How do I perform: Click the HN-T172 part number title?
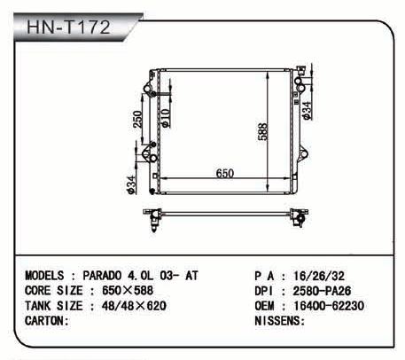pos(68,27)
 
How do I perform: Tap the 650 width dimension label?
pos(225,173)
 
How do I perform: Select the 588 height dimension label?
pos(262,131)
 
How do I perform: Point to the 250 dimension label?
pos(137,119)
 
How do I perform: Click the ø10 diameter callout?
pos(166,118)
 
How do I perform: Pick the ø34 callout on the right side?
pos(307,111)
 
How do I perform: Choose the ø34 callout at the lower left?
pos(131,185)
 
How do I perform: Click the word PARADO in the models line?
pos(102,276)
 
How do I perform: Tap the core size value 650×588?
pos(128,291)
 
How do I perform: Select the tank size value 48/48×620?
pos(134,306)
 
